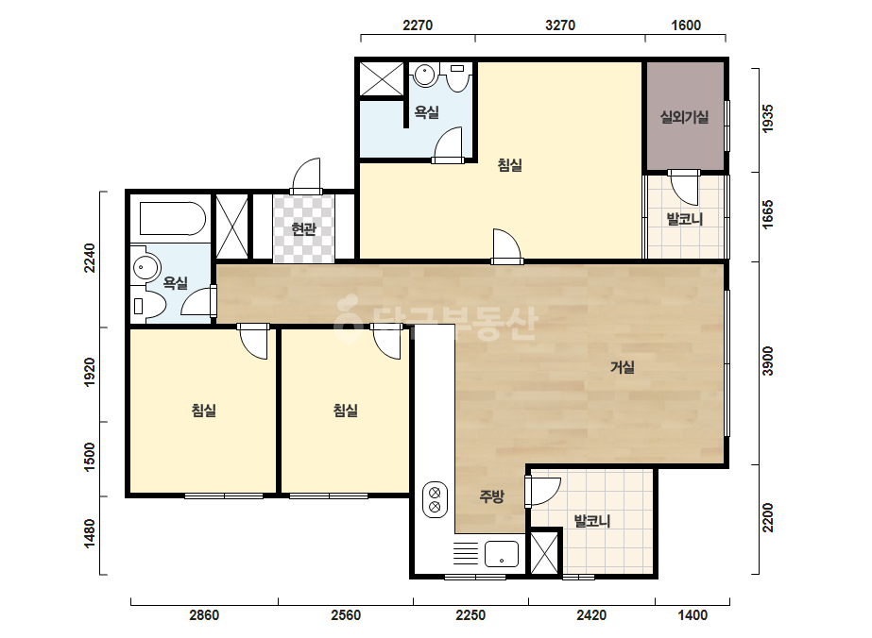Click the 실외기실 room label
coord(684,117)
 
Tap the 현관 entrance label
coord(303,228)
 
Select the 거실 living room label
coord(623,367)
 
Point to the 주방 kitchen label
coord(491,495)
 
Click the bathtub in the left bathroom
coord(172,218)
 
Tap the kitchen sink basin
coord(501,554)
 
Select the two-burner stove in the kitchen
coord(435,499)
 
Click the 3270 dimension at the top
coord(560,25)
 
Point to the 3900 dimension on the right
coord(768,361)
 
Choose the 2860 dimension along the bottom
coord(204,615)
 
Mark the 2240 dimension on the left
coord(90,259)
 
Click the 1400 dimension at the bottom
coord(692,615)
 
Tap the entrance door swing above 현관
coord(305,174)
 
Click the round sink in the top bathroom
coord(425,75)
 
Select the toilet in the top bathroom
coord(457,76)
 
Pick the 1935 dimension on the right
coord(768,118)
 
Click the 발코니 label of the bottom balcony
coord(592,521)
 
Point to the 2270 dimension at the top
coord(418,25)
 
